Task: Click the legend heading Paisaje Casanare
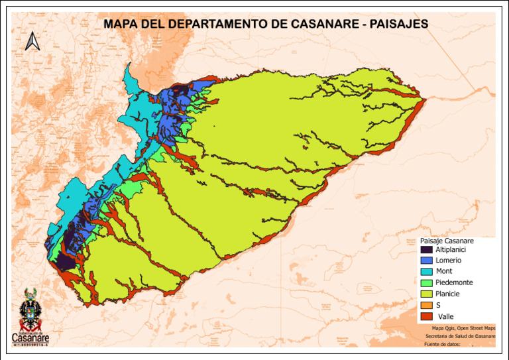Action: tap(447, 241)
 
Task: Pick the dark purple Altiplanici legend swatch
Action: tap(427, 250)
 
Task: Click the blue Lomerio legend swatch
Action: tap(427, 261)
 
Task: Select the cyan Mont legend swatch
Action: tap(427, 272)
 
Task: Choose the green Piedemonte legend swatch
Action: tap(427, 283)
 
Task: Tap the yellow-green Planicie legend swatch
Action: tap(427, 294)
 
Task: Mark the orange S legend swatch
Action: tap(427, 305)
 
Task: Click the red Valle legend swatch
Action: tap(427, 316)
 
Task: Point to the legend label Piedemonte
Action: tap(454, 283)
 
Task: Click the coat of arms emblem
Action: tap(30, 308)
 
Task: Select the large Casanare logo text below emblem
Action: tap(30, 337)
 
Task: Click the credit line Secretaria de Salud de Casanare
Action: tap(460, 336)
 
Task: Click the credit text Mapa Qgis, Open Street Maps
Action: tap(463, 328)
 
